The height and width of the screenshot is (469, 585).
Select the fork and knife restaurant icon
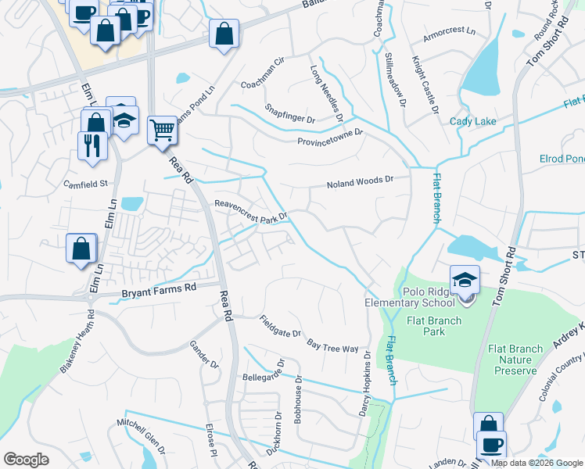click(x=92, y=144)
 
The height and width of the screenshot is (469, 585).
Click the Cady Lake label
click(x=468, y=121)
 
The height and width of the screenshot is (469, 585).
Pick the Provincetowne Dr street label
click(x=330, y=137)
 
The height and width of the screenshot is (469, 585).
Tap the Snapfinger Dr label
click(x=289, y=115)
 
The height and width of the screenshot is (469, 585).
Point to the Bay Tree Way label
click(x=332, y=345)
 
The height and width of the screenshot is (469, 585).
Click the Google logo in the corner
click(x=26, y=460)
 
